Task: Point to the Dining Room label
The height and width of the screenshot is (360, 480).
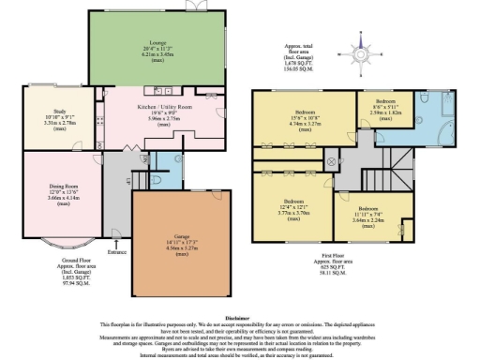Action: [x=63, y=186]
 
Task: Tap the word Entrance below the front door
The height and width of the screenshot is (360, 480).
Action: [x=116, y=252]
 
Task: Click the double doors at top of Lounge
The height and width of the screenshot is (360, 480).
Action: [x=195, y=6]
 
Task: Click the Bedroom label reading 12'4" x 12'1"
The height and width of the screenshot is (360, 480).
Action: [x=295, y=203]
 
